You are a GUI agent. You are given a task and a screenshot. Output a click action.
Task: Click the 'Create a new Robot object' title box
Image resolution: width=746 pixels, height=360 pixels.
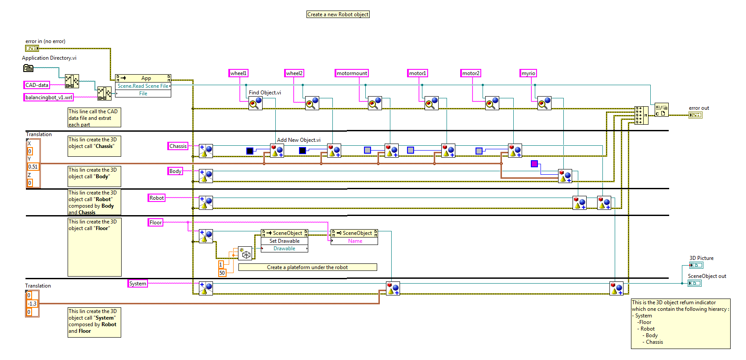point(338,14)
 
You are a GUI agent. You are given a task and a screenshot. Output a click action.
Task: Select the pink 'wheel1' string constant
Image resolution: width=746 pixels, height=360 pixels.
point(238,73)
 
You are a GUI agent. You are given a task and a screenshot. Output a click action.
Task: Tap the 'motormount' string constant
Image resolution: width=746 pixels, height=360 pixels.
point(352,73)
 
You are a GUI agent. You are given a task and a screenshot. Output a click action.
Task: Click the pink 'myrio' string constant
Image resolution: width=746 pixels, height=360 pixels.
point(528,73)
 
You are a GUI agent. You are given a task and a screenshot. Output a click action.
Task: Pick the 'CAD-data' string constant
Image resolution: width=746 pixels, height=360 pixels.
point(37,85)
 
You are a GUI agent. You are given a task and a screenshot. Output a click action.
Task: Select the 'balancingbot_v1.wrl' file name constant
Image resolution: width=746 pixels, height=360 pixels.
point(48,97)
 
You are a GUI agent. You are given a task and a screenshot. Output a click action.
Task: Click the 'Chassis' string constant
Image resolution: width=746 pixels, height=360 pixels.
point(178,146)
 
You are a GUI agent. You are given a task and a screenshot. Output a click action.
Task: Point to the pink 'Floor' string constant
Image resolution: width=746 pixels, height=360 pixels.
point(155,223)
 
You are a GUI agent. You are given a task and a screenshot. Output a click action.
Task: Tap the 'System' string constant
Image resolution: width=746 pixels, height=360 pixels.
point(137,284)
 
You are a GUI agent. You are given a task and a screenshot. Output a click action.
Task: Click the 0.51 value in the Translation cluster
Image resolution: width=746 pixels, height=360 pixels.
point(33,167)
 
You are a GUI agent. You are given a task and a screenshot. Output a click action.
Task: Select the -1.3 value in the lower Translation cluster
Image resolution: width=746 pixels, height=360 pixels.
point(32,304)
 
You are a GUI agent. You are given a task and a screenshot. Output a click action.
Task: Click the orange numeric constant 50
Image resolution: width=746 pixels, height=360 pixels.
point(222,273)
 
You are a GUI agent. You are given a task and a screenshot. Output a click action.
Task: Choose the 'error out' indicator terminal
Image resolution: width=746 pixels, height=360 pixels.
point(695,115)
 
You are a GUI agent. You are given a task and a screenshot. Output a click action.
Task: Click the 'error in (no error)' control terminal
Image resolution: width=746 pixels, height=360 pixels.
point(32,48)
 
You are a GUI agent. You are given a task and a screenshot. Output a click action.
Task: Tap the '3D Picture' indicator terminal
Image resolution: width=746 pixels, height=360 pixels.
point(696,265)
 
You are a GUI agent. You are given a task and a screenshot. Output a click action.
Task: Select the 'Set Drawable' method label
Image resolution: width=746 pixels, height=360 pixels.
point(285,241)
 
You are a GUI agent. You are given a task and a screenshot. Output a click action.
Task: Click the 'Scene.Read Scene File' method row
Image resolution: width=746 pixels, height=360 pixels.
point(143,86)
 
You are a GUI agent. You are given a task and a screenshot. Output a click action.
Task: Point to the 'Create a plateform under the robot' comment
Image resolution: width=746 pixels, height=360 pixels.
point(307,267)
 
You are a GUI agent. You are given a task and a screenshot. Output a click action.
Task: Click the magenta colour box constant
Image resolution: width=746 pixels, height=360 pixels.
point(534,164)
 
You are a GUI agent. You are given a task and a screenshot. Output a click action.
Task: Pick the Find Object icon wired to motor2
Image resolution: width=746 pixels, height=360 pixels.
point(492,103)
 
